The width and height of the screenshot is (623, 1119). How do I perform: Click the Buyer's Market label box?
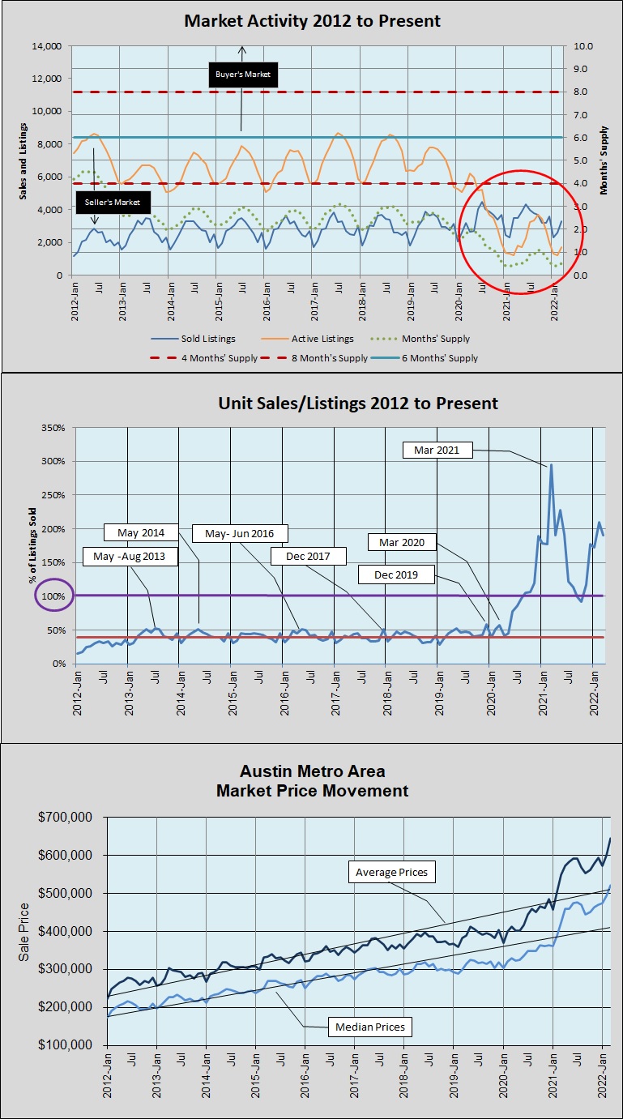241,75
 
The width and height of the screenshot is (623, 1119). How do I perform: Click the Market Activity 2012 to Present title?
312,21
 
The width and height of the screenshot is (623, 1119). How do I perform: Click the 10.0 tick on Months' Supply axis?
584,46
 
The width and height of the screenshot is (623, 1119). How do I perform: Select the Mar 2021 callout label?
437,451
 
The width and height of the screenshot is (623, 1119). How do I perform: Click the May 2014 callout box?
141,532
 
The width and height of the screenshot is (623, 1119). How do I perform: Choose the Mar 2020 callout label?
402,540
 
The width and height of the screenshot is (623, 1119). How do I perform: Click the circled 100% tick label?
53,596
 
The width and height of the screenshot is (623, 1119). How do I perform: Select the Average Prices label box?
393,873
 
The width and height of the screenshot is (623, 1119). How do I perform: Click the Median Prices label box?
370,1027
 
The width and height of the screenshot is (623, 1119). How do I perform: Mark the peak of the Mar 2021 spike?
551,465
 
